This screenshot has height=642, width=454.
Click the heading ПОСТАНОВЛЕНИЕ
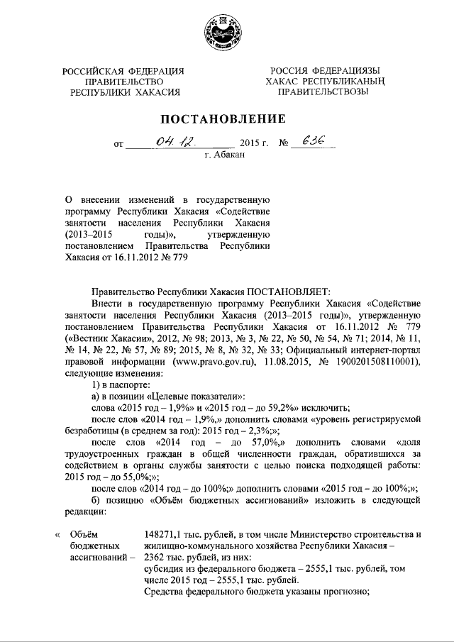pos(226,118)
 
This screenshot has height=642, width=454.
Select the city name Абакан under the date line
pos(229,155)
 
